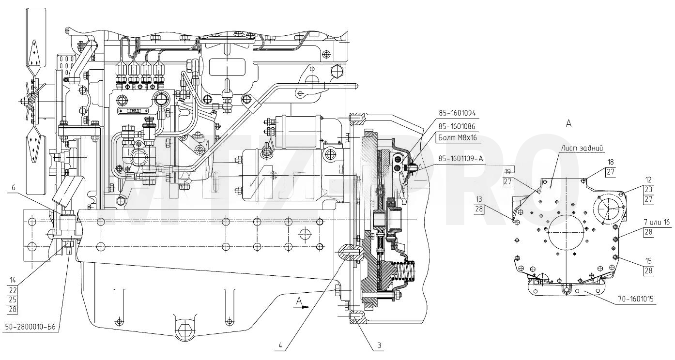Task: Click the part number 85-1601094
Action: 457,113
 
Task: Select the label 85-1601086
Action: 457,126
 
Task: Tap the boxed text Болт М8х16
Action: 457,138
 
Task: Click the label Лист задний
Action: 582,149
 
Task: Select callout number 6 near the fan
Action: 13,188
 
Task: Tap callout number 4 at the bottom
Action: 280,346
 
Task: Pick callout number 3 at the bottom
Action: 380,346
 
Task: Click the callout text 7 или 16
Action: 657,223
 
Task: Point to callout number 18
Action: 611,163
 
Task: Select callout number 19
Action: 508,172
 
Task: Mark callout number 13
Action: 479,199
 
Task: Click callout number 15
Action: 648,261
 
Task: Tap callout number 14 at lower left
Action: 13,280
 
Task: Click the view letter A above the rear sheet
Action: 568,123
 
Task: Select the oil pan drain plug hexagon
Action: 183,330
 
